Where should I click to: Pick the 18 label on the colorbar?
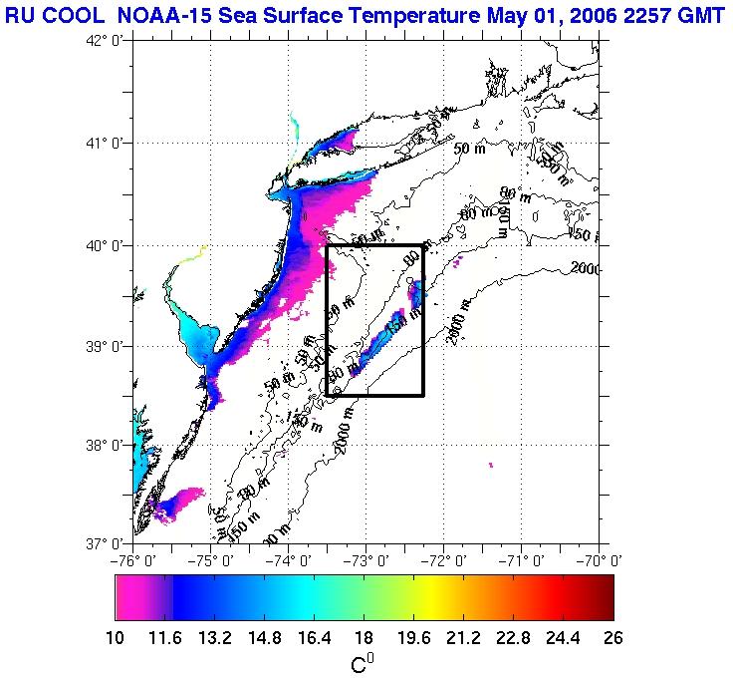coord(365,638)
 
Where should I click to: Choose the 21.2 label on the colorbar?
coord(463,638)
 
